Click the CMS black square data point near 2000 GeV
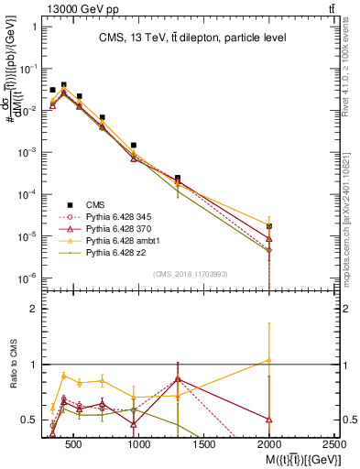(269, 225)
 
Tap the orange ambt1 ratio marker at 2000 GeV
(269, 360)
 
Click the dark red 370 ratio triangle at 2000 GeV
(269, 419)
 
